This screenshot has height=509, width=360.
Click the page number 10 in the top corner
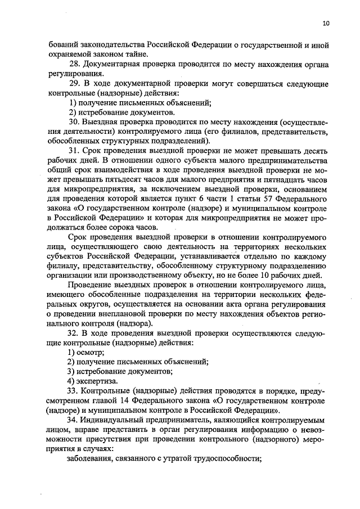pos(326,23)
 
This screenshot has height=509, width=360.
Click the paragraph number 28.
pos(72,65)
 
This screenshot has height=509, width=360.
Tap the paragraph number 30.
pos(73,121)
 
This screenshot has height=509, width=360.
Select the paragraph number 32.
pos(72,334)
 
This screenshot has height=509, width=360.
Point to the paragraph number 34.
pos(72,420)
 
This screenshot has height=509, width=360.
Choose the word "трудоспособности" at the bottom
pos(226,458)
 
